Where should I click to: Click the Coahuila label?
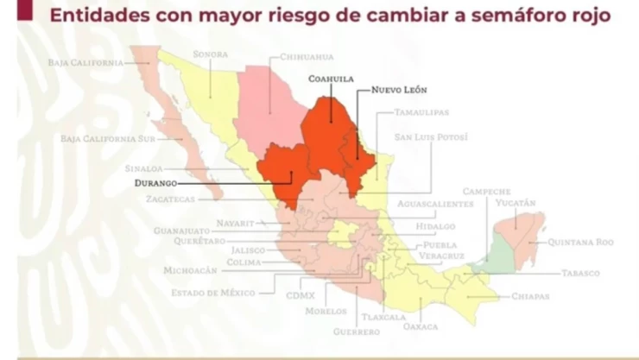point(332,78)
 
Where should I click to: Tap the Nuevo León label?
point(398,90)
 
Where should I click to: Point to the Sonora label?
point(211,54)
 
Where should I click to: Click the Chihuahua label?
point(307,58)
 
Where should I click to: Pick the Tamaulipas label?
point(422,113)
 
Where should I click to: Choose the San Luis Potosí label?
point(431,137)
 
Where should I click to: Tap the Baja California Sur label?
point(111,138)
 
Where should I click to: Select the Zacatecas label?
point(172,199)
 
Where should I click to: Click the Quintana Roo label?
point(581,243)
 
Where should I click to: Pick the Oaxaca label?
point(420,326)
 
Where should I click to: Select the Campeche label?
point(487,192)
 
